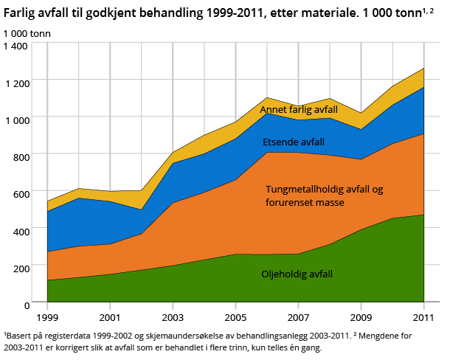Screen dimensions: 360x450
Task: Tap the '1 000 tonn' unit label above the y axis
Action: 27,33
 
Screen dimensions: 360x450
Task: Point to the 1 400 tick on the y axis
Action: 15,45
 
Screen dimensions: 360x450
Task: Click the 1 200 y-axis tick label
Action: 15,82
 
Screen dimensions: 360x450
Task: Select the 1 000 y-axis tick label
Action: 15,119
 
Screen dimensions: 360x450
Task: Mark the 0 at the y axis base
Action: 25,304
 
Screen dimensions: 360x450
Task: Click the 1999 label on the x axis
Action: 47,317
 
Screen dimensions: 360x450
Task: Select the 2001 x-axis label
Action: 110,317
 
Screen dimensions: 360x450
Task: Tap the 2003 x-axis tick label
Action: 173,317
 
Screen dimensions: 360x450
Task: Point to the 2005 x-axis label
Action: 236,317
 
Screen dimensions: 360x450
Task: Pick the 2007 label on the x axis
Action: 299,317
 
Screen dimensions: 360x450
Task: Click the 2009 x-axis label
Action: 361,317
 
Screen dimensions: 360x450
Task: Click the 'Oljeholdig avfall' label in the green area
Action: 297,274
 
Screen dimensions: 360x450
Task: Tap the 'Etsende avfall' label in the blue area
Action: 294,142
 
